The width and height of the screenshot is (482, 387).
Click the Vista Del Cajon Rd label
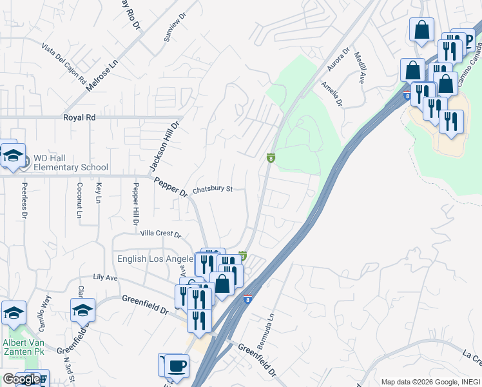coord(64,64)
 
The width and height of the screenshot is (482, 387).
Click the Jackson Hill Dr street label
coord(164,146)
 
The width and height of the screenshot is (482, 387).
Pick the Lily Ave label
coord(105,277)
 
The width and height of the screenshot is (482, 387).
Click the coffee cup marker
coord(175,366)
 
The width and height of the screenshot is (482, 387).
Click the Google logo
coord(21,379)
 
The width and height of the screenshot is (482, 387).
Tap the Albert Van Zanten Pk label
coord(23,348)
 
